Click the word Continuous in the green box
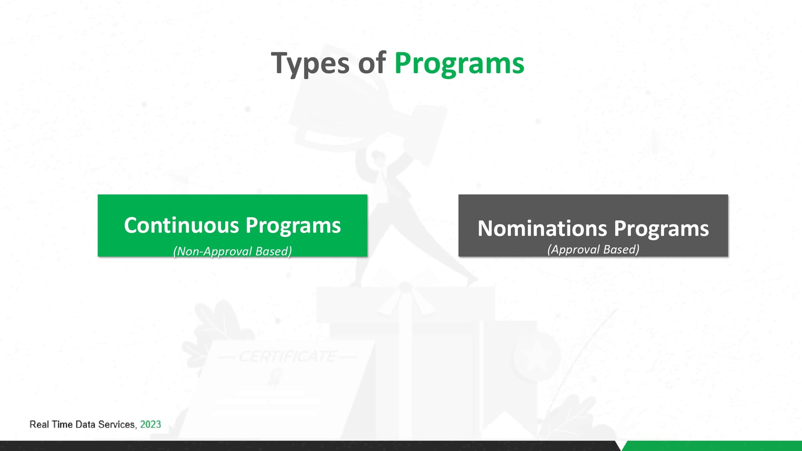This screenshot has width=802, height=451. click(181, 225)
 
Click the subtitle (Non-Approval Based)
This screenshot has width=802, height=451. click(233, 251)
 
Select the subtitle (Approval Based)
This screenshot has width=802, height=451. click(593, 249)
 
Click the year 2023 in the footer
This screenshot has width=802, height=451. click(150, 424)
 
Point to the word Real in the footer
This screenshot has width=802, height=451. click(39, 424)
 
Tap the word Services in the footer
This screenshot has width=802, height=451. click(117, 424)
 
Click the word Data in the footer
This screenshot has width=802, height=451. click(85, 424)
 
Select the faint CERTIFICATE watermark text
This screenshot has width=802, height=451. click(287, 356)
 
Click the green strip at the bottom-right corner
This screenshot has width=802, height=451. click(712, 446)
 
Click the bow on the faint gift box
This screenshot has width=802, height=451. click(405, 299)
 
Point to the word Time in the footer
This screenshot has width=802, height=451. click(62, 424)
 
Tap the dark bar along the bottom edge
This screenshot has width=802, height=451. click(309, 446)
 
